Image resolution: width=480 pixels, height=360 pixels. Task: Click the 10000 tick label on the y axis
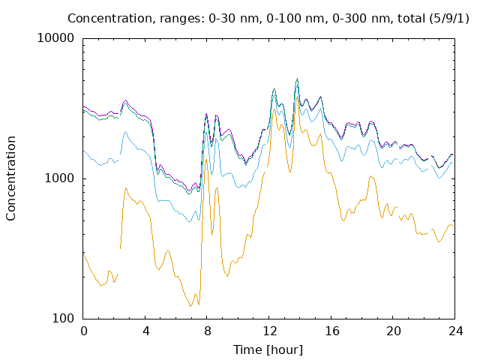coord(55,38)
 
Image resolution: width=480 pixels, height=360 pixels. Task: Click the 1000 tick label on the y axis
coord(59,178)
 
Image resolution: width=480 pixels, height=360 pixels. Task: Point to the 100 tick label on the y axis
coord(63,318)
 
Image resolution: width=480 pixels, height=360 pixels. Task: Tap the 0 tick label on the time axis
coord(83,331)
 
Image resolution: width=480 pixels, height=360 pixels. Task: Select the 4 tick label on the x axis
coord(145,331)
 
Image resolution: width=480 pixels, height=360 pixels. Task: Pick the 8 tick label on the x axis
coord(208,331)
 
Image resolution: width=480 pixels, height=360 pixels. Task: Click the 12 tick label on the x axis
coord(270,331)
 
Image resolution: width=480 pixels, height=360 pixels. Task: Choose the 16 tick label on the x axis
coord(331,331)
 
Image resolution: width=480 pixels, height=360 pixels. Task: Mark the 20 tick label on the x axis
coord(394,331)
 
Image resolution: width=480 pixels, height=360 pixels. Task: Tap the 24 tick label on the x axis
coord(456,331)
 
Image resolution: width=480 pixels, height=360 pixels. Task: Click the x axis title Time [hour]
coord(268,350)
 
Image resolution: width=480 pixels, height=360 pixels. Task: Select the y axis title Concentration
coord(10,178)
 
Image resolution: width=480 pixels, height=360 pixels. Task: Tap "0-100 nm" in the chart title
coord(295,19)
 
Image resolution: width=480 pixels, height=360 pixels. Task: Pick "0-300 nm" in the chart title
coord(361,19)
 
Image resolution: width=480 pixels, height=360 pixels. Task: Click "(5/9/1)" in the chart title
coord(449,19)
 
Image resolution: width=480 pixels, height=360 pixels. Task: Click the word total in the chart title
coord(412,19)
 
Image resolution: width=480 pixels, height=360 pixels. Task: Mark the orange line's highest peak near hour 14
coord(297,97)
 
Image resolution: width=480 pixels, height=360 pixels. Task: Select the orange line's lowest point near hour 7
coord(190,306)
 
